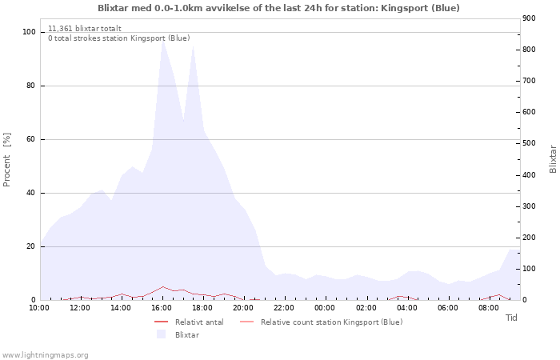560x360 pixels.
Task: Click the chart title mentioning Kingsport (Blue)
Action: (278, 8)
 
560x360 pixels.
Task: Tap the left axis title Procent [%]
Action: (7, 159)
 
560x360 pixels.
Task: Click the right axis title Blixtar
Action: (553, 158)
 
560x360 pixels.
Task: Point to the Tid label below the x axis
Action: (512, 318)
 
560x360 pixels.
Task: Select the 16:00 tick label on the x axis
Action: (162, 307)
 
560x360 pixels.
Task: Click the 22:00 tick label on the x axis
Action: (284, 307)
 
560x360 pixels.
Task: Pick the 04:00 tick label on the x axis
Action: (407, 307)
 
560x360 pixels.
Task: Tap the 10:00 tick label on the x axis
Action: (39, 307)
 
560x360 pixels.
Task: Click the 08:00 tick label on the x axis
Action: (489, 307)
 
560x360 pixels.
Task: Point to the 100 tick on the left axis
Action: (29, 32)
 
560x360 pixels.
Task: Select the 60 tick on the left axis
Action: (31, 139)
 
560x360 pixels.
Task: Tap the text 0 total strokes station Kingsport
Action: (118, 38)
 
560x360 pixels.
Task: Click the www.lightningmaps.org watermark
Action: (46, 354)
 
